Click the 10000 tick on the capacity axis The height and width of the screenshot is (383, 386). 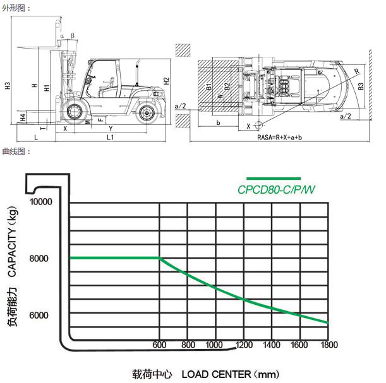tap(41, 202)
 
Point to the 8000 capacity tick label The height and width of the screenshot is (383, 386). tap(39, 259)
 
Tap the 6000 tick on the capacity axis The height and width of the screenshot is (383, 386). tap(39, 315)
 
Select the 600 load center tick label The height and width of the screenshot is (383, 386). tap(159, 345)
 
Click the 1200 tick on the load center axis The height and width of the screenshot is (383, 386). tap(244, 345)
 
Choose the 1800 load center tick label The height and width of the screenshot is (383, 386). tap(329, 345)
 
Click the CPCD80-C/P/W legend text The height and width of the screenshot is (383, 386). tap(276, 190)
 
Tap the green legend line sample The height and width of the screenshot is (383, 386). tap(274, 179)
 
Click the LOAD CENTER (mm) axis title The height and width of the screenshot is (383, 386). tap(231, 374)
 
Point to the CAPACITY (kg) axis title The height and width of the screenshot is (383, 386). tap(12, 242)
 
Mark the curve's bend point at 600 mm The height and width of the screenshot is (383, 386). tap(159, 258)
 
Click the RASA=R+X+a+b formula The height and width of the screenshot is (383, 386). tap(279, 137)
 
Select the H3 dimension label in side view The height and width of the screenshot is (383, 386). tap(8, 86)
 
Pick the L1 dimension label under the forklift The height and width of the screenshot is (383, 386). tap(110, 137)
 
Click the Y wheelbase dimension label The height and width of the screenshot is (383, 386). tap(111, 129)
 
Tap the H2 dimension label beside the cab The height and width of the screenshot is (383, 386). tap(166, 81)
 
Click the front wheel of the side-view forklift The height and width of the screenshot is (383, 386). tap(74, 112)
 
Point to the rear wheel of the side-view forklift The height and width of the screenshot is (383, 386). tap(147, 113)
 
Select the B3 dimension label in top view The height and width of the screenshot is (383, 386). tap(361, 86)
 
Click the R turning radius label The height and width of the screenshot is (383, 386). tap(357, 71)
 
